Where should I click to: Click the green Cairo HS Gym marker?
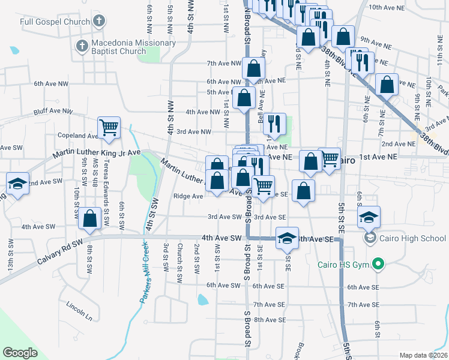(x=378, y=264)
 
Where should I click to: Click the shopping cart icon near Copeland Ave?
(x=109, y=127)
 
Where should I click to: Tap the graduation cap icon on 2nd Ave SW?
(x=17, y=184)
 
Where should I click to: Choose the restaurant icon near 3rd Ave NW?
(x=274, y=124)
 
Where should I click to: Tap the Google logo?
(x=20, y=353)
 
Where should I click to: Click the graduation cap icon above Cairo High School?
(x=368, y=217)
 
